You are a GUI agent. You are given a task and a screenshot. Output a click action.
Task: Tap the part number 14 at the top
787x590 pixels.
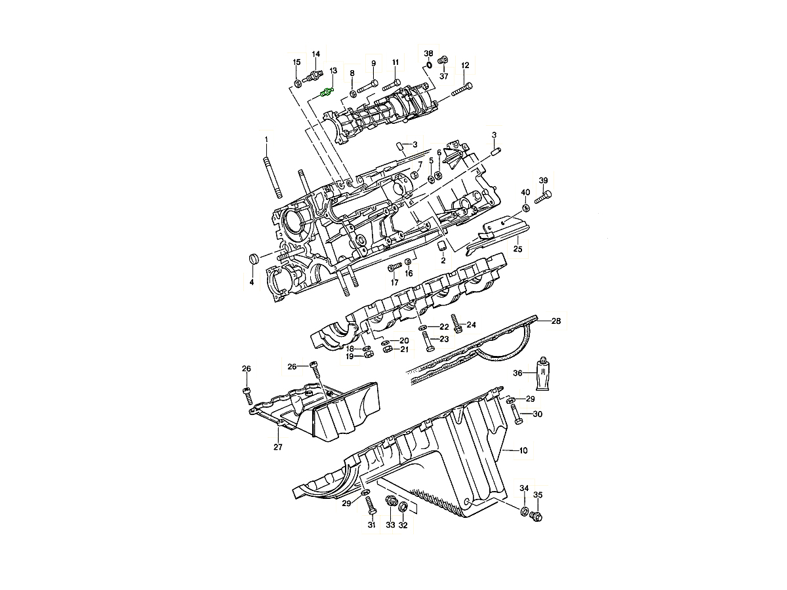click(x=315, y=54)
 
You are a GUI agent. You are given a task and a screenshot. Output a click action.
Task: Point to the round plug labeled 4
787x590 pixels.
click(x=254, y=260)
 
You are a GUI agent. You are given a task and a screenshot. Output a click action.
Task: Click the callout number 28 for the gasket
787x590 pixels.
click(x=555, y=321)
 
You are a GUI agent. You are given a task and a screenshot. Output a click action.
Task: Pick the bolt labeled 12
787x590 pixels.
click(x=462, y=89)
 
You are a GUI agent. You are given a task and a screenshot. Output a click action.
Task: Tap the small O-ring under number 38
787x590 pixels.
click(x=428, y=65)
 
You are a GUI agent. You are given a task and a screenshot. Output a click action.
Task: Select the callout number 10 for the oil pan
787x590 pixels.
click(x=523, y=450)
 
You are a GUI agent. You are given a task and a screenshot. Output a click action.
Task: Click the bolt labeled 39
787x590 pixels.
click(x=543, y=197)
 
